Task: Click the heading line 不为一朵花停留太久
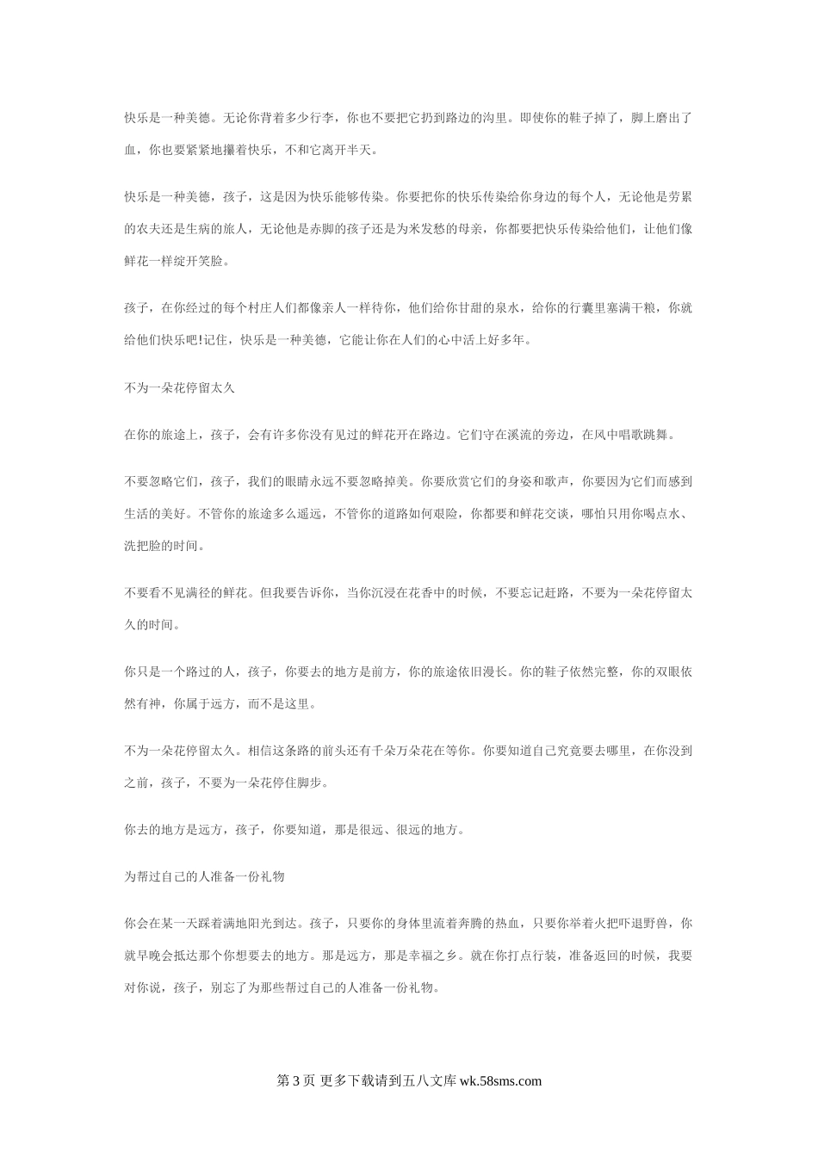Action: [179, 388]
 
